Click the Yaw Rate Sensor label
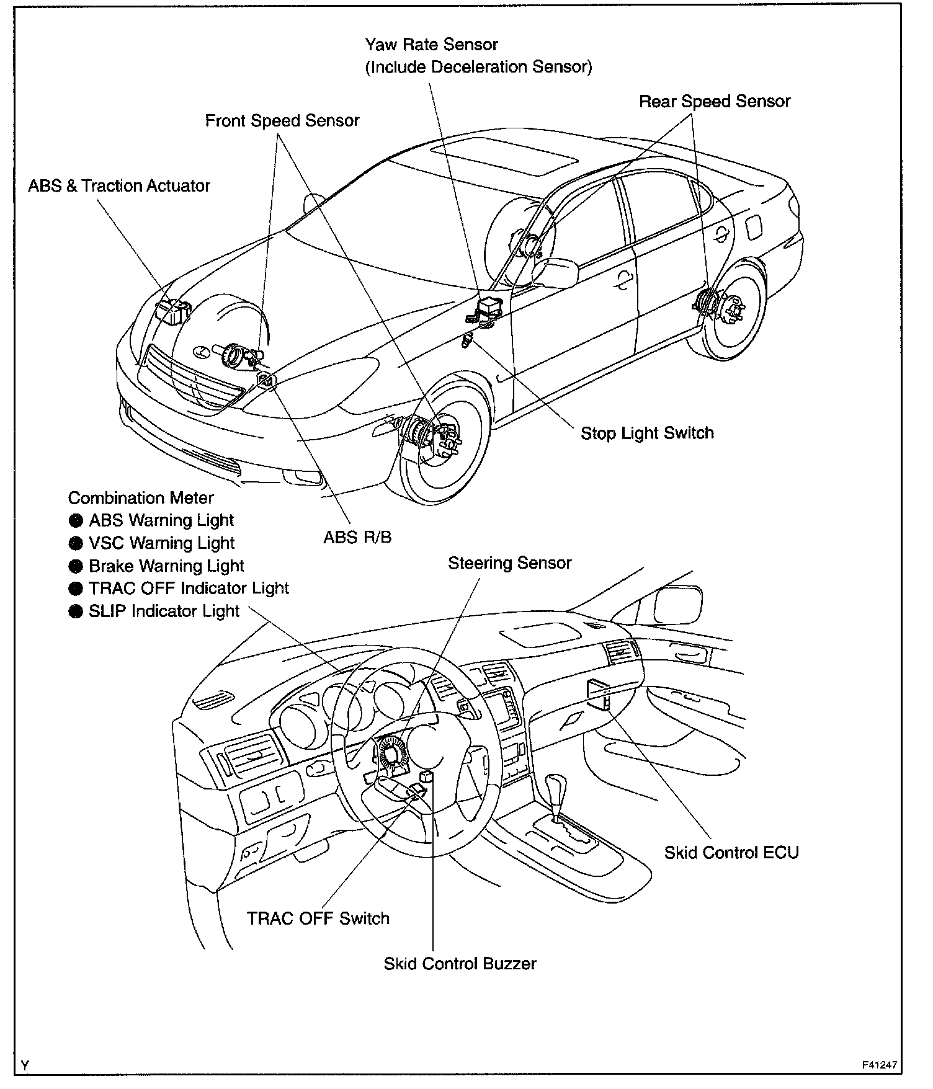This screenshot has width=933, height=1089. point(431,45)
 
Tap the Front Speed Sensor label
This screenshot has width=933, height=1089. point(282,120)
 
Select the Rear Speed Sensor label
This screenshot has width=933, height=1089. point(715,101)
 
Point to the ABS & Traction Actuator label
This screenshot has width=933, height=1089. point(119,185)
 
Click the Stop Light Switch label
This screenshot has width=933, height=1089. point(647,433)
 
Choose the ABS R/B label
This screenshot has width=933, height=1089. point(357,537)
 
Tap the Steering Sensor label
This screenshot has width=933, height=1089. point(509,563)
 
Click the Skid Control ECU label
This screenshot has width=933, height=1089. point(731,853)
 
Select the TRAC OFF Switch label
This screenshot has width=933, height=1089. point(318,918)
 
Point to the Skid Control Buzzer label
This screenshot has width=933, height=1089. point(460,964)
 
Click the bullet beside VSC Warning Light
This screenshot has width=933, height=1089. point(76,544)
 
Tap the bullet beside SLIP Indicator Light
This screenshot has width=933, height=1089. point(76,611)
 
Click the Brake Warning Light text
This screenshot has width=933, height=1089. point(166,566)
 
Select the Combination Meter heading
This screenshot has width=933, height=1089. point(141,498)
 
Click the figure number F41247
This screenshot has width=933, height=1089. point(879,1065)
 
